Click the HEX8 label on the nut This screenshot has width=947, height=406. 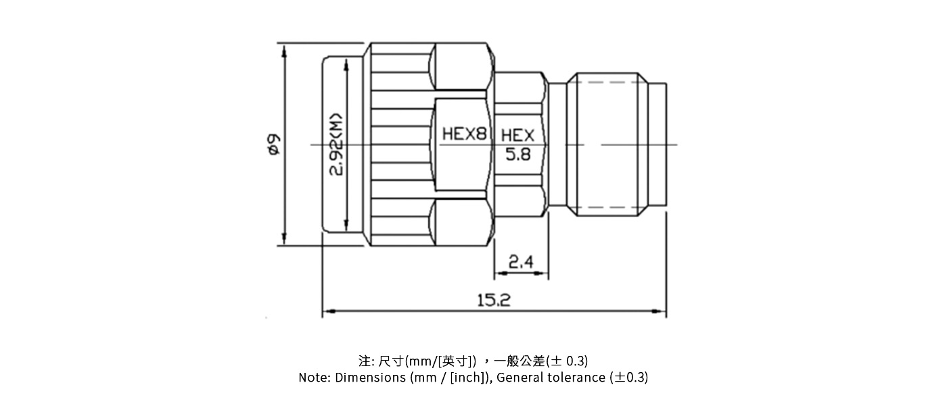pyautogui.click(x=464, y=134)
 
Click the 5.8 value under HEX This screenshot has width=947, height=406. pyautogui.click(x=518, y=155)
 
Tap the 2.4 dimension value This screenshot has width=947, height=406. pyautogui.click(x=520, y=262)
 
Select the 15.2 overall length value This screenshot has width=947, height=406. pyautogui.click(x=493, y=300)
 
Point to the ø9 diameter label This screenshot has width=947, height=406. pyautogui.click(x=273, y=144)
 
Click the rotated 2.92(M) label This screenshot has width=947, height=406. pyautogui.click(x=336, y=144)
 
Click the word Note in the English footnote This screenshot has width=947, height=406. pyautogui.click(x=313, y=378)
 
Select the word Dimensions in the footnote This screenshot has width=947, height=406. pyautogui.click(x=371, y=378)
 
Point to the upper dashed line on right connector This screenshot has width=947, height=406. pyautogui.click(x=609, y=83)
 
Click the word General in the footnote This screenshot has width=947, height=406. pyautogui.click(x=521, y=378)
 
